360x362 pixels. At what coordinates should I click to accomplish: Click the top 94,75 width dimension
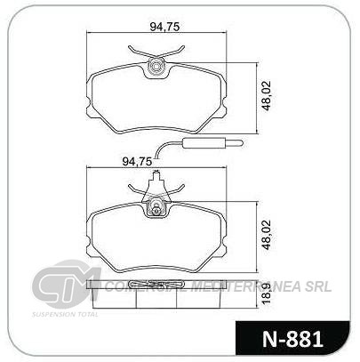coord(164,27)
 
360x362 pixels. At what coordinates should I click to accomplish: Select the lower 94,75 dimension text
coord(137,161)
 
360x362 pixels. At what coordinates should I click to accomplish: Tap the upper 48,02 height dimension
coord(267,96)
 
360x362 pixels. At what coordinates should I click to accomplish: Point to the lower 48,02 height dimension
coord(267,235)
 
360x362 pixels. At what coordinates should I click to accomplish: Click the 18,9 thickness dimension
coord(267,294)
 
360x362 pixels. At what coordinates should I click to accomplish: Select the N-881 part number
coord(292,339)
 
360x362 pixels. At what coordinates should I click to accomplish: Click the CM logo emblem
coord(67,280)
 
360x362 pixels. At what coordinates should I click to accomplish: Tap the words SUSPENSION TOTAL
coord(65,314)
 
